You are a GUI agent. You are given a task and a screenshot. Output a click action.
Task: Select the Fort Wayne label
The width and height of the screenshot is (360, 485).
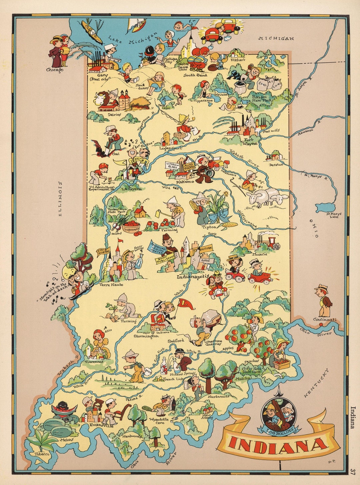click(x=250, y=142)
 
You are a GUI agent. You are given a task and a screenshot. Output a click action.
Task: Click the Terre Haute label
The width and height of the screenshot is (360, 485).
click(x=111, y=285)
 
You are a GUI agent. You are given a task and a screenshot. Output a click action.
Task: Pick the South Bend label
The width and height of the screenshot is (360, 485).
click(x=195, y=75)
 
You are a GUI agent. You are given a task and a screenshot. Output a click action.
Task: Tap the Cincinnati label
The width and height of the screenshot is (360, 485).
click(x=325, y=320)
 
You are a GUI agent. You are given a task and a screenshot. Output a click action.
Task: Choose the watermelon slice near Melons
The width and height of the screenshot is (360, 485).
click(x=64, y=409)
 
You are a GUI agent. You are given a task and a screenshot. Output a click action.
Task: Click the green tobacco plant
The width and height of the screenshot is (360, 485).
click(x=41, y=441)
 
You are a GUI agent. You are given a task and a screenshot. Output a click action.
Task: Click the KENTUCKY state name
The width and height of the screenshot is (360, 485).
click(x=316, y=383)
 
